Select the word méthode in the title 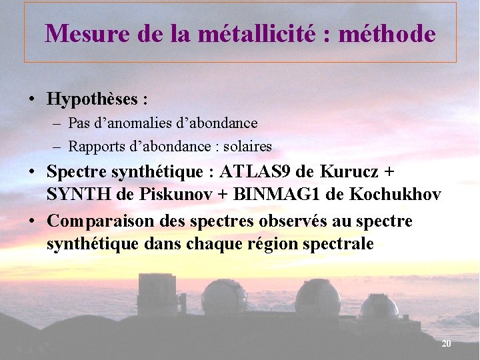(x=387, y=33)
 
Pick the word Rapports (x=93, y=146)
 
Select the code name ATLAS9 (x=257, y=172)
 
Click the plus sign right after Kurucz (x=389, y=172)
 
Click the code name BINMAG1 (x=267, y=195)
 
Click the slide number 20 (x=446, y=343)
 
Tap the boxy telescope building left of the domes (x=157, y=293)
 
